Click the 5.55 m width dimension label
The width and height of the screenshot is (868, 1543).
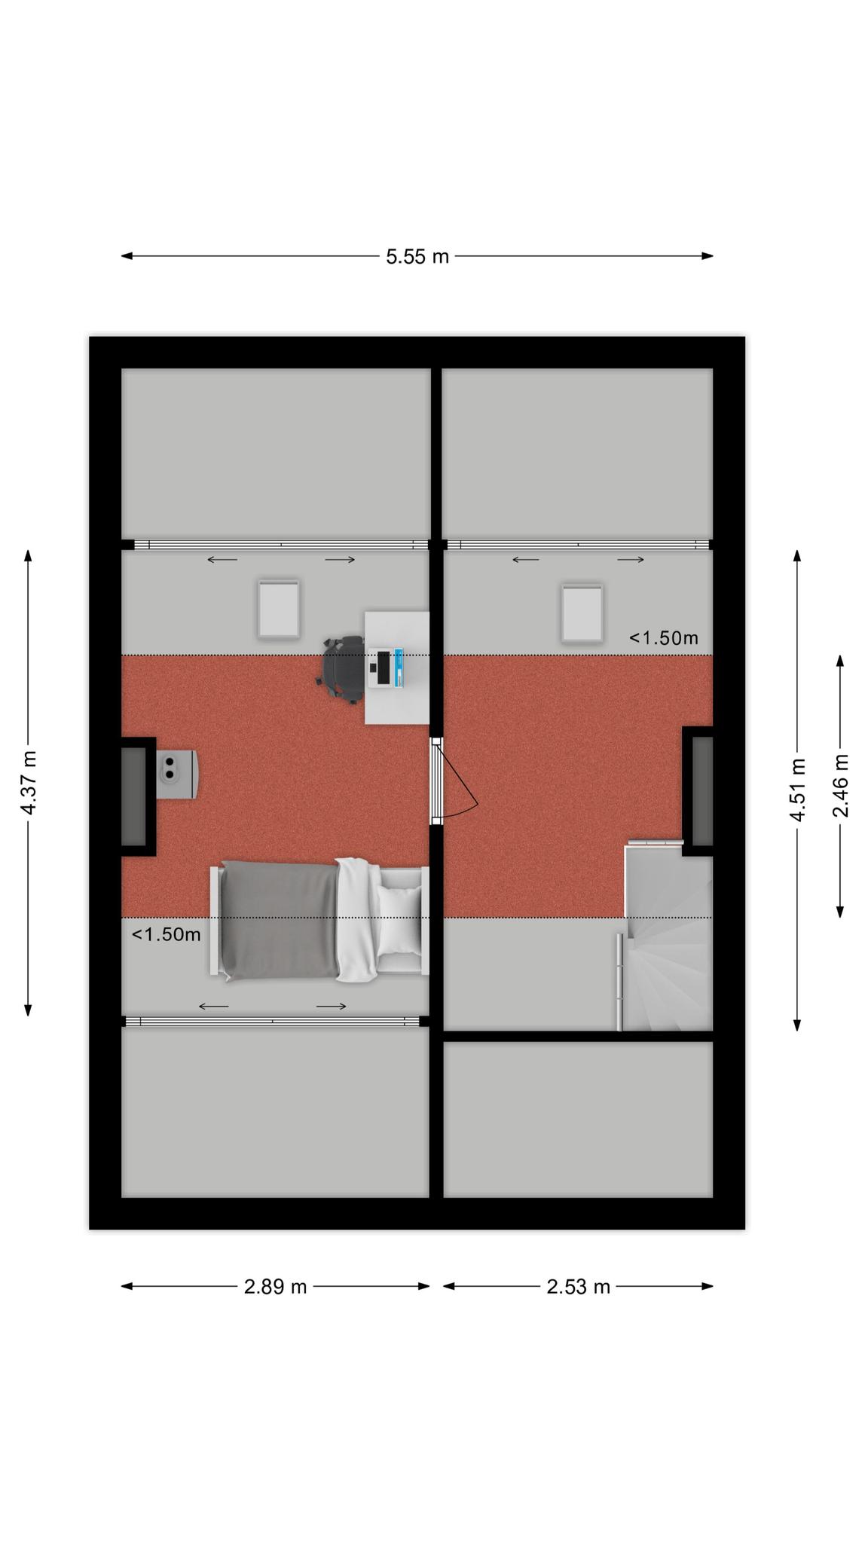(417, 257)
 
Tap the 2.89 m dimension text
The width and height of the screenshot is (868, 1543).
(275, 1287)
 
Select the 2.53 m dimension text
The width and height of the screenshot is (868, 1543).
(578, 1287)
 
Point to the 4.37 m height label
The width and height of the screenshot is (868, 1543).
(29, 783)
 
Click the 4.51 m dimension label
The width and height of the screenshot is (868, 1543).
(797, 790)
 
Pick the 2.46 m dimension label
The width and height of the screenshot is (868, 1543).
(840, 786)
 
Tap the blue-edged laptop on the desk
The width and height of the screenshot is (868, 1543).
(386, 667)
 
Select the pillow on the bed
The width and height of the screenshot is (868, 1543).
(399, 920)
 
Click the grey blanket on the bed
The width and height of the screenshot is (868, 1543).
(280, 921)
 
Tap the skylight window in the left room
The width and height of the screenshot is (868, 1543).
(279, 609)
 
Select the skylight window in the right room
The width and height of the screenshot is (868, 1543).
(582, 613)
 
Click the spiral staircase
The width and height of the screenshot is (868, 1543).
(666, 937)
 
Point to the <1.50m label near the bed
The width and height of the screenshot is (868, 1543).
(167, 935)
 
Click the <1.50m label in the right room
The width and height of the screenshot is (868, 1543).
(664, 638)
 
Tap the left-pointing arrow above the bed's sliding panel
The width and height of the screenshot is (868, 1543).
(214, 1007)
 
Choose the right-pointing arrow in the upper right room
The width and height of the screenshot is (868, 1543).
(631, 560)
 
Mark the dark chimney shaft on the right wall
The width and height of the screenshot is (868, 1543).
(701, 791)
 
